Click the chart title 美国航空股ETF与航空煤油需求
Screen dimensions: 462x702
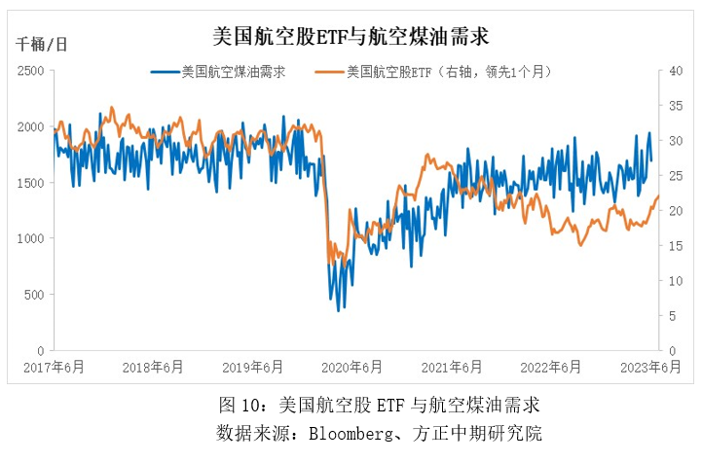351,37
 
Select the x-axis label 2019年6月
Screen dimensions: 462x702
253,367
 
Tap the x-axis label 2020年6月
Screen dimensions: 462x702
351,367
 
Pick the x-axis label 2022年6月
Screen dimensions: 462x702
550,367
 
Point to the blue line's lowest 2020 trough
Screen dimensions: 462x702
339,310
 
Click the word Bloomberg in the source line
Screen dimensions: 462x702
343,431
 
